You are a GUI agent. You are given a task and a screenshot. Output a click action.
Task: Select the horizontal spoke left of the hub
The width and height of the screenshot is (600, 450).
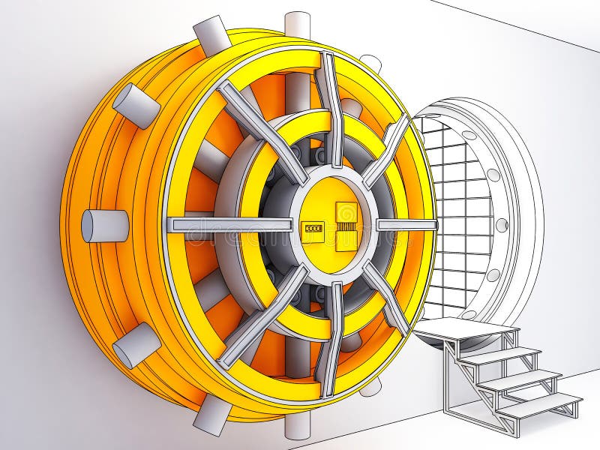[229, 224]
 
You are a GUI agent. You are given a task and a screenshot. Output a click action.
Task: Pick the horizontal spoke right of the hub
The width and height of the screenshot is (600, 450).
[406, 224]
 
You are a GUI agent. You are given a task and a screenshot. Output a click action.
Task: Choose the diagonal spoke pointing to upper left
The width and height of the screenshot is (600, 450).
[262, 132]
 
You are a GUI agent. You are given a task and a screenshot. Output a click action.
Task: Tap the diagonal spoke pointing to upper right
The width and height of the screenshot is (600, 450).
[387, 150]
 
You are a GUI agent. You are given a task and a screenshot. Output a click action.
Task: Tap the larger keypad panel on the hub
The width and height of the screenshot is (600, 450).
[346, 226]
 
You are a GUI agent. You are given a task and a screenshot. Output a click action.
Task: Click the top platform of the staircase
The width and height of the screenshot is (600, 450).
[465, 328]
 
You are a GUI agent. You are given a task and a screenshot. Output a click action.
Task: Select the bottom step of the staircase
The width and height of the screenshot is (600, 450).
[539, 405]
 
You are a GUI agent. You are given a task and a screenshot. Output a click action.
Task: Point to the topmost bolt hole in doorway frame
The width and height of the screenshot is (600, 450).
[469, 136]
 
